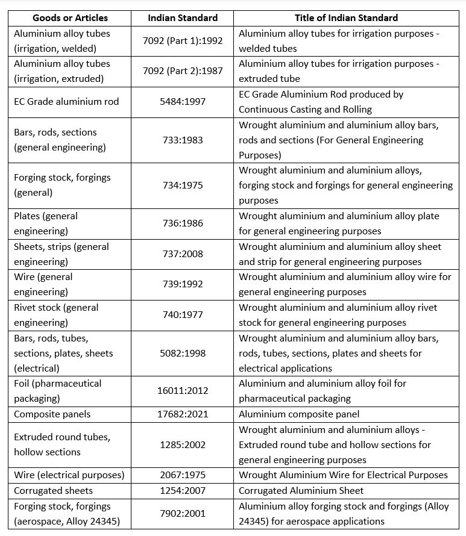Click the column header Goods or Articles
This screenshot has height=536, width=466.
pyautogui.click(x=70, y=17)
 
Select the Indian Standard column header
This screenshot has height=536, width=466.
pyautogui.click(x=183, y=17)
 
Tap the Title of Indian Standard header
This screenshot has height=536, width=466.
pyautogui.click(x=346, y=17)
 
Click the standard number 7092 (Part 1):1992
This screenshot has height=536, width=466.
pyautogui.click(x=183, y=40)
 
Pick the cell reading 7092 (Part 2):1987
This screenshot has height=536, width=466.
pyautogui.click(x=183, y=71)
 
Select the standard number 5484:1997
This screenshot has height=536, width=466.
pyautogui.click(x=183, y=102)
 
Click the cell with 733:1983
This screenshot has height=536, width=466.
pyautogui.click(x=183, y=140)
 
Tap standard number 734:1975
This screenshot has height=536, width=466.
pyautogui.click(x=183, y=185)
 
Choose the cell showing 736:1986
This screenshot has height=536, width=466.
pyautogui.click(x=183, y=223)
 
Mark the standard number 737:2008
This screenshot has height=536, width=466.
pyautogui.click(x=183, y=254)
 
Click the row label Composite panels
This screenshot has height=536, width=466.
pyautogui.click(x=52, y=414)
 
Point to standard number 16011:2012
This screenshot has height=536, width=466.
pyautogui.click(x=183, y=391)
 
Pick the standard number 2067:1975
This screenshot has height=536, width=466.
pyautogui.click(x=183, y=475)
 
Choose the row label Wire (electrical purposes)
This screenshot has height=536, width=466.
pyautogui.click(x=69, y=475)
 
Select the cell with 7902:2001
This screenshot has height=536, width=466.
pyautogui.click(x=183, y=513)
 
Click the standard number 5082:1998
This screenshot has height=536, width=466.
pyautogui.click(x=183, y=353)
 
